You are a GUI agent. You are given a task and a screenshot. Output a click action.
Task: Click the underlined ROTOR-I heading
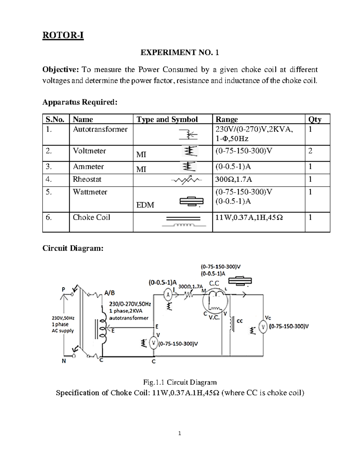(x=63, y=35)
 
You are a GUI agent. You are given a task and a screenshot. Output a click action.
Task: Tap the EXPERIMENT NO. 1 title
(x=180, y=53)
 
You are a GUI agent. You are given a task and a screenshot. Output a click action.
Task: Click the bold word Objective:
(x=60, y=70)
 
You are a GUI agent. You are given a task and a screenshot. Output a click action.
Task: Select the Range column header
(x=226, y=119)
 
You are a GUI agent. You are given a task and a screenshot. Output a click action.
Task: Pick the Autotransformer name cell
(x=100, y=129)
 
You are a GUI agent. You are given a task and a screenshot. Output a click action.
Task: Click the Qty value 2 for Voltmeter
(x=310, y=151)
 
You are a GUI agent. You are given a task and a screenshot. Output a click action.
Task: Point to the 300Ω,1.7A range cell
(x=234, y=179)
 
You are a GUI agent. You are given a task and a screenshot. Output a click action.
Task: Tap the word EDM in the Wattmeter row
(x=145, y=205)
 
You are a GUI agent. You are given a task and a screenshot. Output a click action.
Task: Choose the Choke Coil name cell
(x=91, y=217)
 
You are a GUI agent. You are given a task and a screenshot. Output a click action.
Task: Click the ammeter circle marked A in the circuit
(x=168, y=295)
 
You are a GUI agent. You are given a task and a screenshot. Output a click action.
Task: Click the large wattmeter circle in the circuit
(x=215, y=302)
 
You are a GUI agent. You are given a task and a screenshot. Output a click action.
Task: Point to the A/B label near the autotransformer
(x=109, y=293)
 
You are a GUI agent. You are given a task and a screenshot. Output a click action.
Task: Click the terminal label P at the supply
(x=63, y=289)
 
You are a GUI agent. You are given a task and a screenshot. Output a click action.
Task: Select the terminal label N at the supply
(x=64, y=361)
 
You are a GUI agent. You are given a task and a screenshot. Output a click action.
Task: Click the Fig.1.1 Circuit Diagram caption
(x=180, y=382)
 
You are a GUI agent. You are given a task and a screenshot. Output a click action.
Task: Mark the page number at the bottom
(x=179, y=433)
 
